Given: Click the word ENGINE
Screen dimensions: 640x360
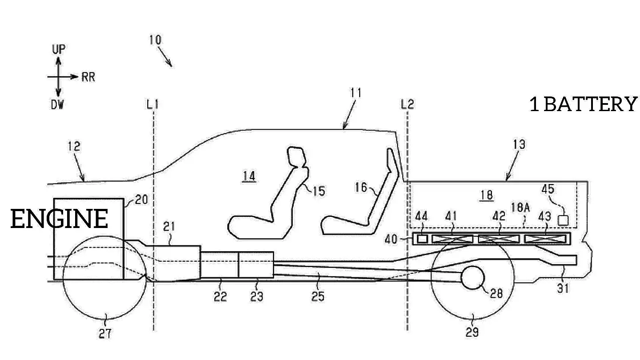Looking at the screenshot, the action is pos(59,219).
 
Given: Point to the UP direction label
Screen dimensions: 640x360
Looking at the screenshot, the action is pos(59,49).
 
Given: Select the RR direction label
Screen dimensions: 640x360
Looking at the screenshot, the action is pos(88,77).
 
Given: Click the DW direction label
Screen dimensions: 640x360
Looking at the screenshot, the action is pos(57,105).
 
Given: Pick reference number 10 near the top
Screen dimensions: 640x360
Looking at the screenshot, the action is pos(155,40).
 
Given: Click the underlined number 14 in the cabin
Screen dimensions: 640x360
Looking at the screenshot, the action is pos(249,176).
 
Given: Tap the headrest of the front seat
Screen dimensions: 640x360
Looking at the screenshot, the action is pos(297,156).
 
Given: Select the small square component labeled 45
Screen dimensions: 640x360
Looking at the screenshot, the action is pos(563,220).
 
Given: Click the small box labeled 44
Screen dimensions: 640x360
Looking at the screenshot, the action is pos(422,239).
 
